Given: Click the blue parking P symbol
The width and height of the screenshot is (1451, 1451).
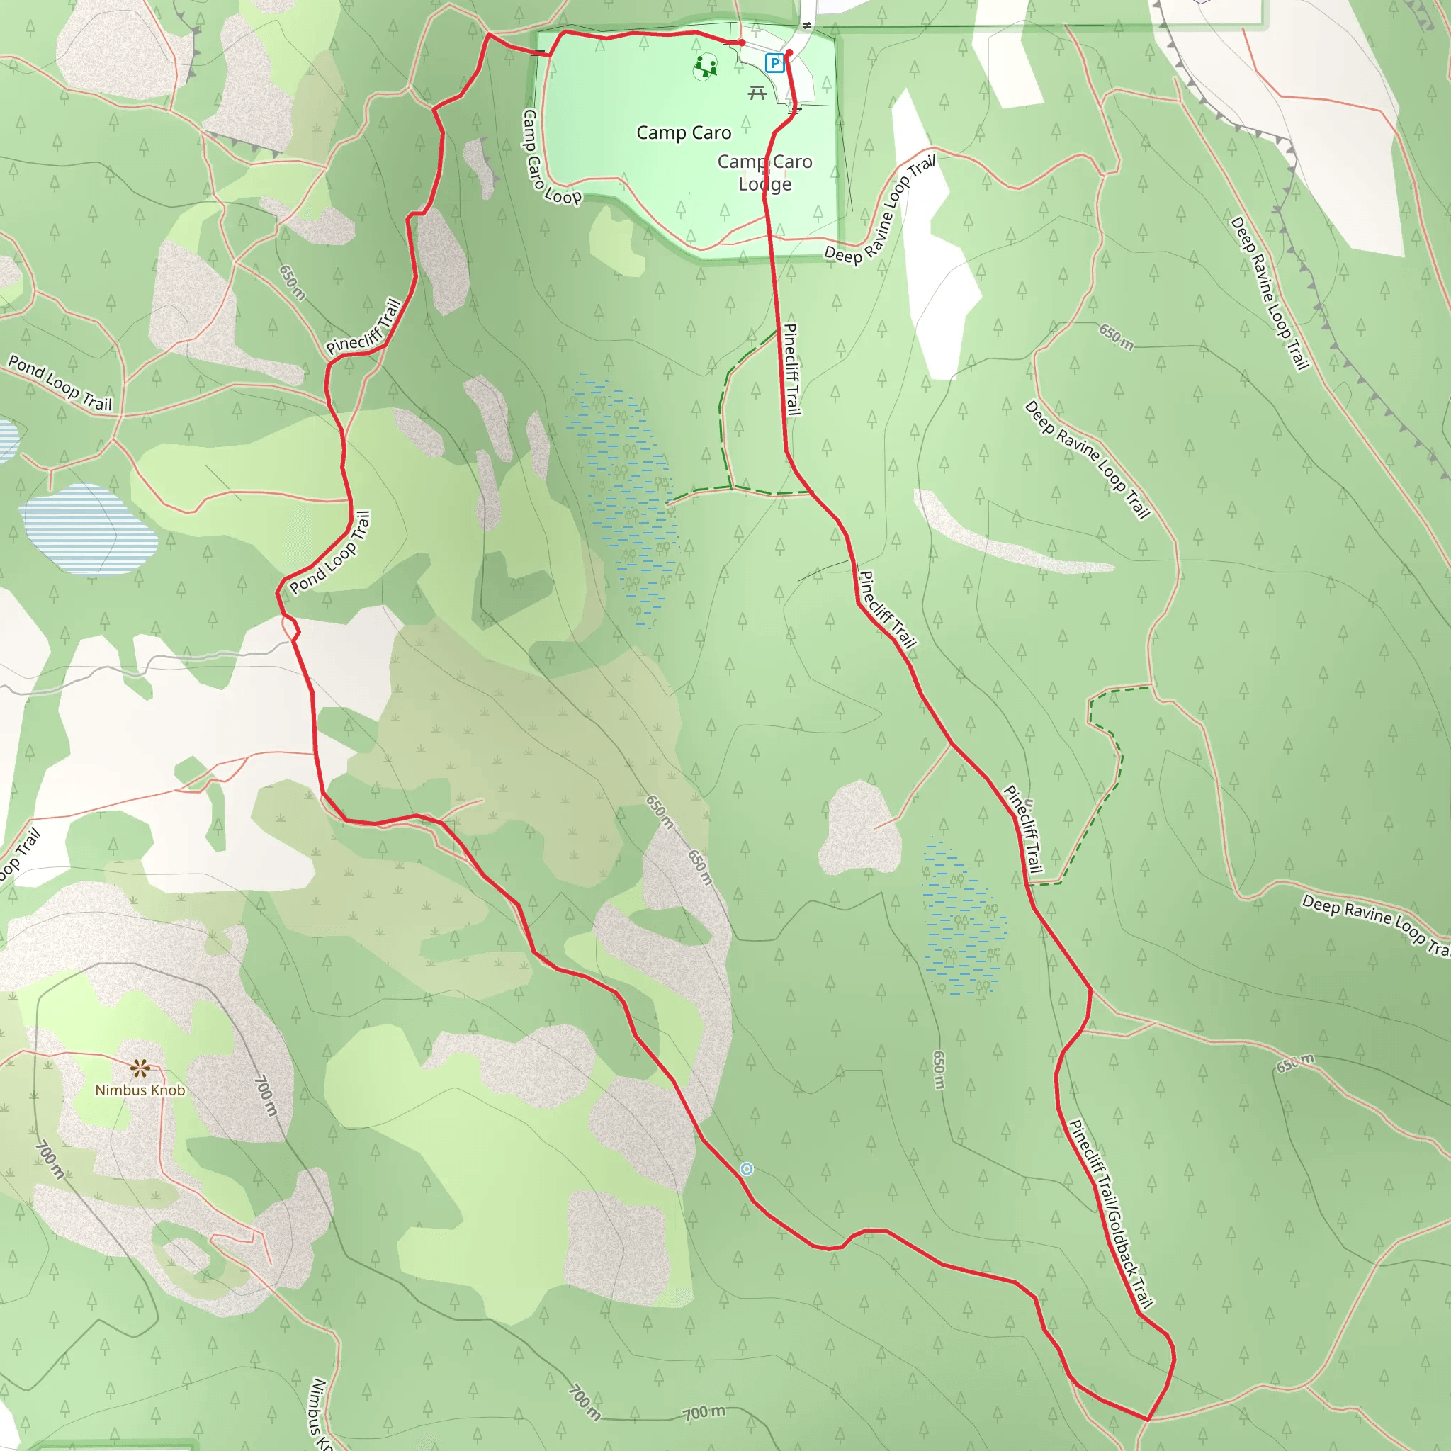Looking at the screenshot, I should (774, 63).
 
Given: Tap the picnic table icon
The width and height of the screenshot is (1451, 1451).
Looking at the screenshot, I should (757, 92).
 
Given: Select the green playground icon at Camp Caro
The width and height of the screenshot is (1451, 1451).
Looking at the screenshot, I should (704, 67).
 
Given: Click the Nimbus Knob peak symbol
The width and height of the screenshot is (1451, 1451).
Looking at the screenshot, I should (140, 1067).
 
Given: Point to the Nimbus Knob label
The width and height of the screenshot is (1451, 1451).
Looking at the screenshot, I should (140, 1090).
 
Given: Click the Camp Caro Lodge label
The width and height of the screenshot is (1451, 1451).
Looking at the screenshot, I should (764, 173).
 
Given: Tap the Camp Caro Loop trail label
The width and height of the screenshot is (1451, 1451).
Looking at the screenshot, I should (551, 159).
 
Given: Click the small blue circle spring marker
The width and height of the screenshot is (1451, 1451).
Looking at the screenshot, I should (746, 1168).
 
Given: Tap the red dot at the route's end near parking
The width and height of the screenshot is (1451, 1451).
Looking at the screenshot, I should (789, 52).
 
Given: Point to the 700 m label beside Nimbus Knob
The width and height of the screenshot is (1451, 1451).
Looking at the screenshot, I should (265, 1096).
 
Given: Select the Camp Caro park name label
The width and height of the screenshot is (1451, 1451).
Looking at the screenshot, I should (684, 133).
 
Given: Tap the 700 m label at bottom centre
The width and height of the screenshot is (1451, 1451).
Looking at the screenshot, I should (704, 1413).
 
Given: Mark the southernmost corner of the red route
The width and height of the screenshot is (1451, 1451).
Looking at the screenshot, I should (1148, 1418).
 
